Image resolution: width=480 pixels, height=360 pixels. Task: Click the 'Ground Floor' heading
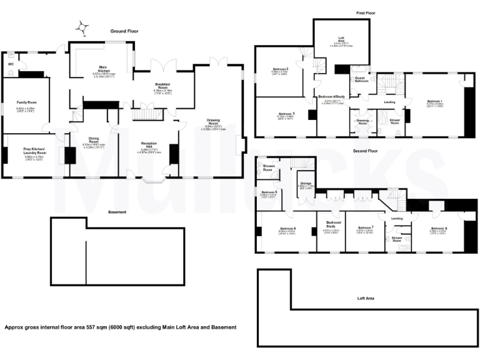click(125, 31)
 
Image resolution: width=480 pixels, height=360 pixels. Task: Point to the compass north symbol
click(82, 26)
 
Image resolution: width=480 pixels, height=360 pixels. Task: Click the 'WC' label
click(11, 64)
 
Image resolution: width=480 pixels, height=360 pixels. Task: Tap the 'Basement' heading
click(117, 212)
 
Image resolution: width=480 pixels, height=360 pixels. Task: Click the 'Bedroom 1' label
click(435, 101)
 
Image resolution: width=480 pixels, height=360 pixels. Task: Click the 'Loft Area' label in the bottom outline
click(366, 299)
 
